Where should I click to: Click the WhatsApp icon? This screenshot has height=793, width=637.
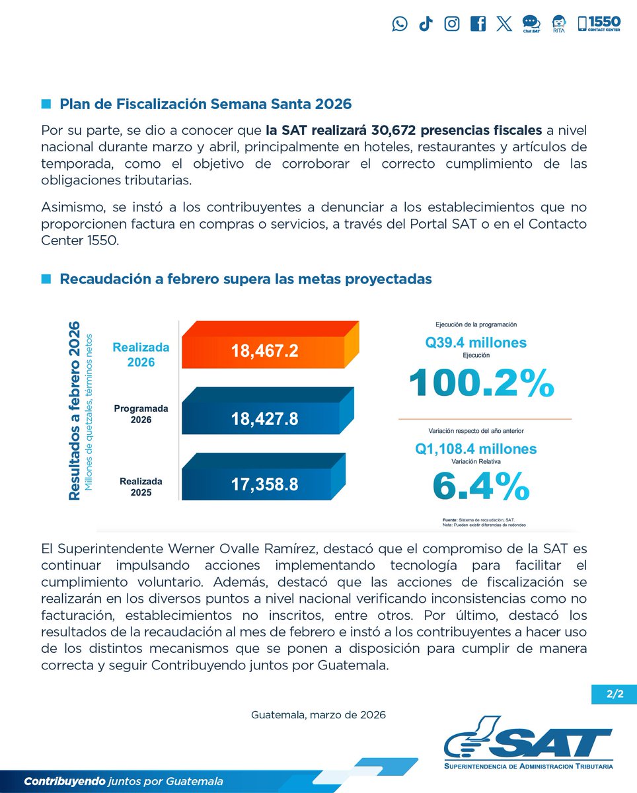click(400, 24)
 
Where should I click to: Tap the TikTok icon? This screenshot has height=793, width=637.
click(426, 24)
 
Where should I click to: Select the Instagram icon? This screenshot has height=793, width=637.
click(452, 24)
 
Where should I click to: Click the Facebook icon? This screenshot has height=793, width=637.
click(478, 24)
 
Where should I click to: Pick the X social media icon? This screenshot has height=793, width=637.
click(504, 24)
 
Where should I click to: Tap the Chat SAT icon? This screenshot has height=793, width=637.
click(531, 24)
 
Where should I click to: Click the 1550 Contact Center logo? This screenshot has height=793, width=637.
click(599, 24)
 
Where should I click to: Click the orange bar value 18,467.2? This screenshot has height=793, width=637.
click(264, 351)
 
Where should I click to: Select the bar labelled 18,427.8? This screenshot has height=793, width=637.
click(264, 418)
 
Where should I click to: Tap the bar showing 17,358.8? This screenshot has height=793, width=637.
click(264, 484)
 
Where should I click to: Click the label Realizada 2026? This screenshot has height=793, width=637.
click(141, 354)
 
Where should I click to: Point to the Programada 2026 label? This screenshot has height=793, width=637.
click(141, 415)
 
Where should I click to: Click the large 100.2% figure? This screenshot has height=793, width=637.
click(481, 383)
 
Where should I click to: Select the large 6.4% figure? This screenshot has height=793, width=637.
click(480, 486)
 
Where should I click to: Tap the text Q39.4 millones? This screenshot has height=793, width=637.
click(476, 342)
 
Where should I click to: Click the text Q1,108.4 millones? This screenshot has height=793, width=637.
click(476, 449)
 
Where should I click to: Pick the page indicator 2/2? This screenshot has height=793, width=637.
click(614, 695)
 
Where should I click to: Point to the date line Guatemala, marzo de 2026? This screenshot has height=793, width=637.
click(318, 715)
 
